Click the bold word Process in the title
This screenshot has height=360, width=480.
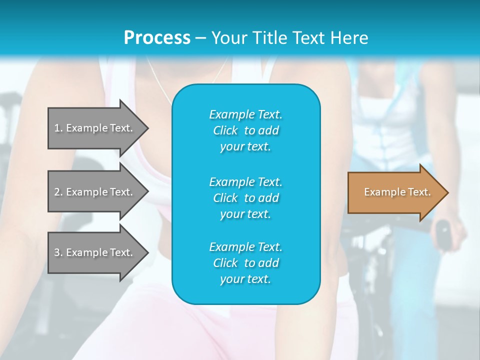pyautogui.click(x=157, y=37)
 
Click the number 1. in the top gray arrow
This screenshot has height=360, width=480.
pyautogui.click(x=58, y=128)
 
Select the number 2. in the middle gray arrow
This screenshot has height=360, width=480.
pyautogui.click(x=58, y=192)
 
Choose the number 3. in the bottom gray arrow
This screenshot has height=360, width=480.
pyautogui.click(x=58, y=252)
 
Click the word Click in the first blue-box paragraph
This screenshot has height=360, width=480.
pyautogui.click(x=225, y=130)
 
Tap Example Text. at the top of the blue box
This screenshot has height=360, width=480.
pyautogui.click(x=245, y=114)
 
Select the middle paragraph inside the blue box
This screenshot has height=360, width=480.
pyautogui.click(x=245, y=198)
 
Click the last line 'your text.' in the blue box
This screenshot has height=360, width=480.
pyautogui.click(x=245, y=279)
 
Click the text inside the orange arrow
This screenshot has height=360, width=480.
pyautogui.click(x=397, y=192)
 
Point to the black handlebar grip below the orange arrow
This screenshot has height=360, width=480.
pyautogui.click(x=442, y=230)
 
